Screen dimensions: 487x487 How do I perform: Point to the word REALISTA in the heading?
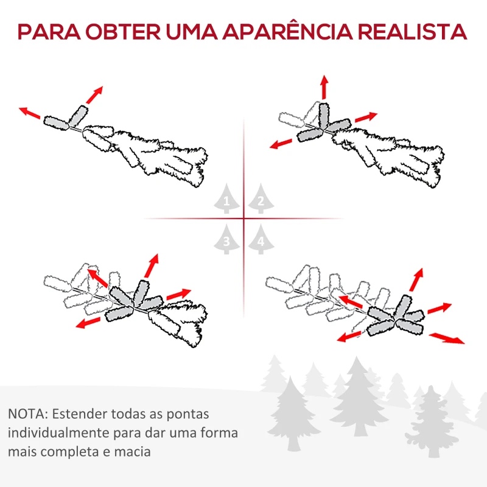(414, 32)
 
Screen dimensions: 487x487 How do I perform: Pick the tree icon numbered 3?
(227, 240)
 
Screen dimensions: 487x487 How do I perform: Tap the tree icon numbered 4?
(261, 240)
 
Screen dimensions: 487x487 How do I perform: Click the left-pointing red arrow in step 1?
(30, 113)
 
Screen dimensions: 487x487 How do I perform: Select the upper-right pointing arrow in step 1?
(94, 94)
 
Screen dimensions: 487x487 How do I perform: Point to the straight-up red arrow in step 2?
(324, 88)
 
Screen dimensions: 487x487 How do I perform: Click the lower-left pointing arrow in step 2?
(282, 144)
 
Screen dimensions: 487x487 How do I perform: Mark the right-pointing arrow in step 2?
(366, 116)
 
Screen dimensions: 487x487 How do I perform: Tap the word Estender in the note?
(79, 415)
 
